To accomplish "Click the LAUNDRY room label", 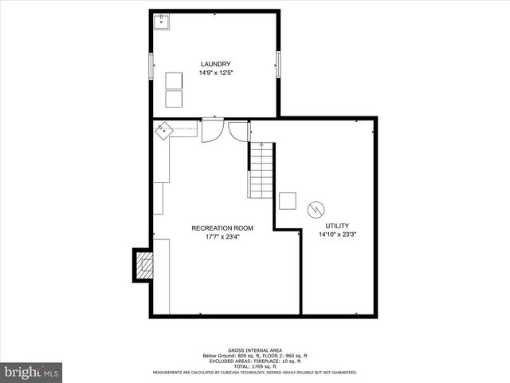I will click(215, 64).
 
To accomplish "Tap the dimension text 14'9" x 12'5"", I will click(215, 73).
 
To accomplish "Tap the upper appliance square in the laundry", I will click(174, 81).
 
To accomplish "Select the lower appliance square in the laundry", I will click(174, 98).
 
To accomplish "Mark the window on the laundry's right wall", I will click(278, 64).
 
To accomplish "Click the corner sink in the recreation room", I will click(165, 130).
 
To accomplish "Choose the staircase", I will click(261, 171).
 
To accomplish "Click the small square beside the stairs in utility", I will click(288, 201).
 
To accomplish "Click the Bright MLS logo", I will click(32, 372).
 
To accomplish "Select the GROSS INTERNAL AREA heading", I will click(254, 350).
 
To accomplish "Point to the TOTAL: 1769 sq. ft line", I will click(254, 366).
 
